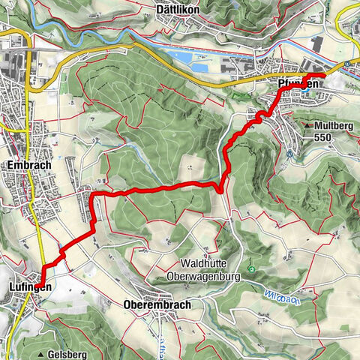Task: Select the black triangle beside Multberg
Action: click(x=308, y=124)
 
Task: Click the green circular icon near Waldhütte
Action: click(x=252, y=270)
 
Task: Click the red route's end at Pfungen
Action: click(x=324, y=76)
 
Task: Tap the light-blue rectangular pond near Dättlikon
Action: click(x=194, y=57)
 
